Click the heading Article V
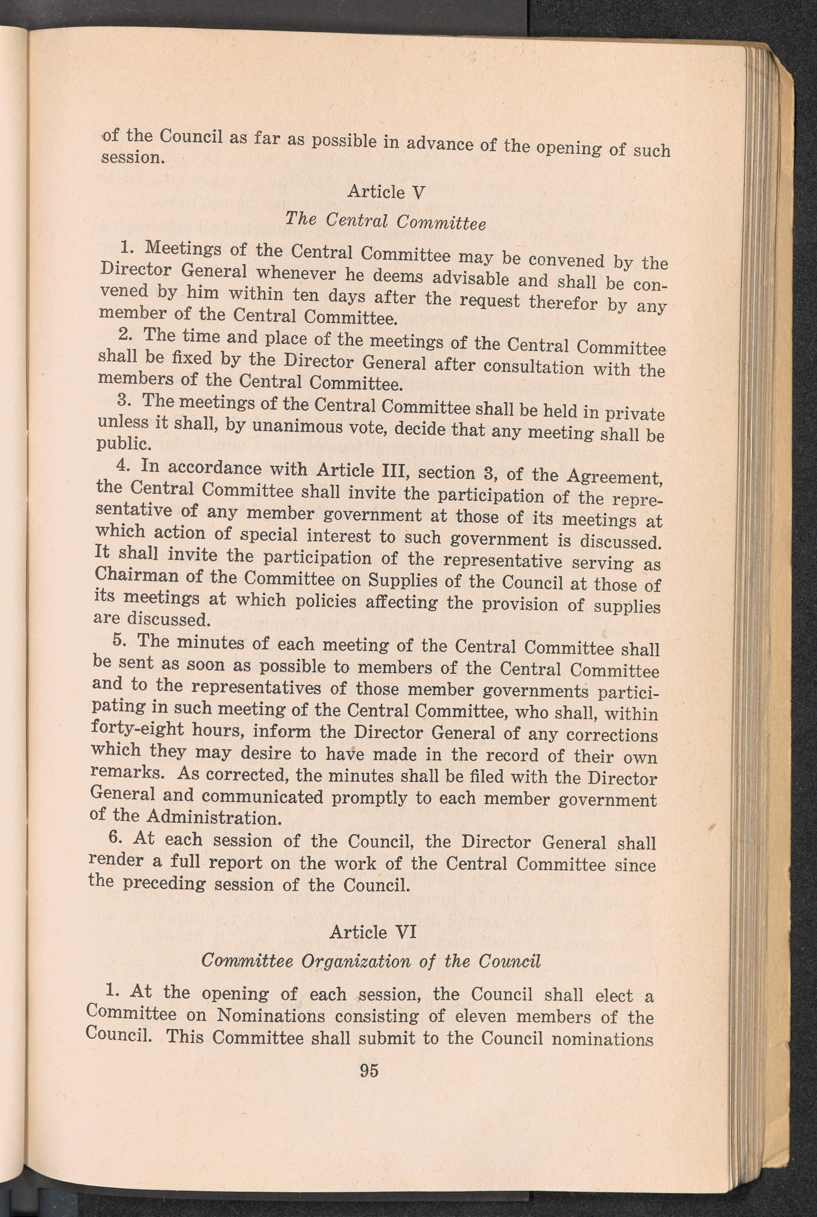point(386,192)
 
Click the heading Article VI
point(373,930)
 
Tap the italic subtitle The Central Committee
point(385,222)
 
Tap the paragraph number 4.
point(123,465)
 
